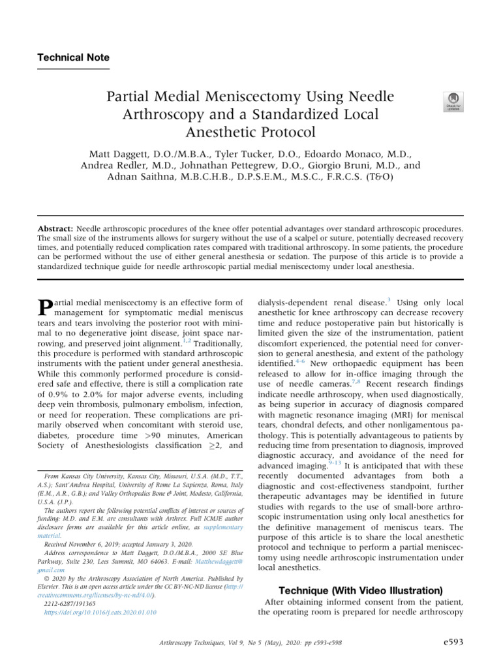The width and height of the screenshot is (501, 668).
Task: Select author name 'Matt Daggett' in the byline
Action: (x=123, y=154)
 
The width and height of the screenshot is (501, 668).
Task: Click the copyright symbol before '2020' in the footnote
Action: (x=46, y=579)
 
